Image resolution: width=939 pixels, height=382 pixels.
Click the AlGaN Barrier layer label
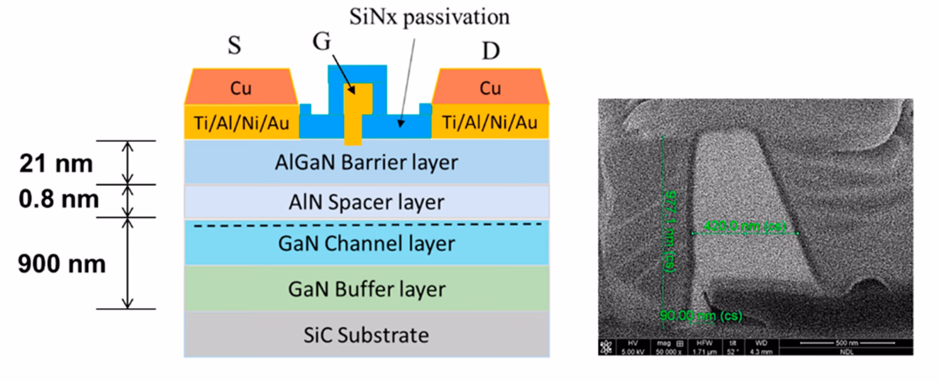pos(366,163)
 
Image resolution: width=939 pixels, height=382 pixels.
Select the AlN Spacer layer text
pos(366,202)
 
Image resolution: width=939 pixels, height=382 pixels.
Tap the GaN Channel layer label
pos(366,243)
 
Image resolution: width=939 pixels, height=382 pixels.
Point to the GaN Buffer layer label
pos(366,289)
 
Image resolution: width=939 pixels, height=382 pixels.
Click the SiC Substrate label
pos(366,335)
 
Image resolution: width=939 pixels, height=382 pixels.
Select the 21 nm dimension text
pos(56,164)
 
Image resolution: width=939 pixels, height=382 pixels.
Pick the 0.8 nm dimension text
pos(59,199)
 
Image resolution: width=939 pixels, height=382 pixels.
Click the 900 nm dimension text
pos(62,264)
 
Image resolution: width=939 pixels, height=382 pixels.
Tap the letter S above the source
pos(234,45)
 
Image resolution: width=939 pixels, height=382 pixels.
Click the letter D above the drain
pos(491,51)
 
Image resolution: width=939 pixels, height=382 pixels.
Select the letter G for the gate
pos(322,42)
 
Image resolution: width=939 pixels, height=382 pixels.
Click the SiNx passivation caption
pos(429,17)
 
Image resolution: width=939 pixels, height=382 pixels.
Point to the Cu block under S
pos(241,88)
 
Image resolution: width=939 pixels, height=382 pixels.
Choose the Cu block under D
pos(490,88)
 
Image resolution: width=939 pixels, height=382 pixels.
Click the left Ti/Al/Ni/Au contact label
pos(242,123)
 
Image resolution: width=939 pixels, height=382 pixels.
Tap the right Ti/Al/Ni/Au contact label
pos(490,122)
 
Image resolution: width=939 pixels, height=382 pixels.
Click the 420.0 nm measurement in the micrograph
pos(744,226)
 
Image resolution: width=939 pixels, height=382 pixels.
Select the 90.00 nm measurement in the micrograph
pos(700,316)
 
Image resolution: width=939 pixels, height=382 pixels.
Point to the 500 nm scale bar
pos(847,343)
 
